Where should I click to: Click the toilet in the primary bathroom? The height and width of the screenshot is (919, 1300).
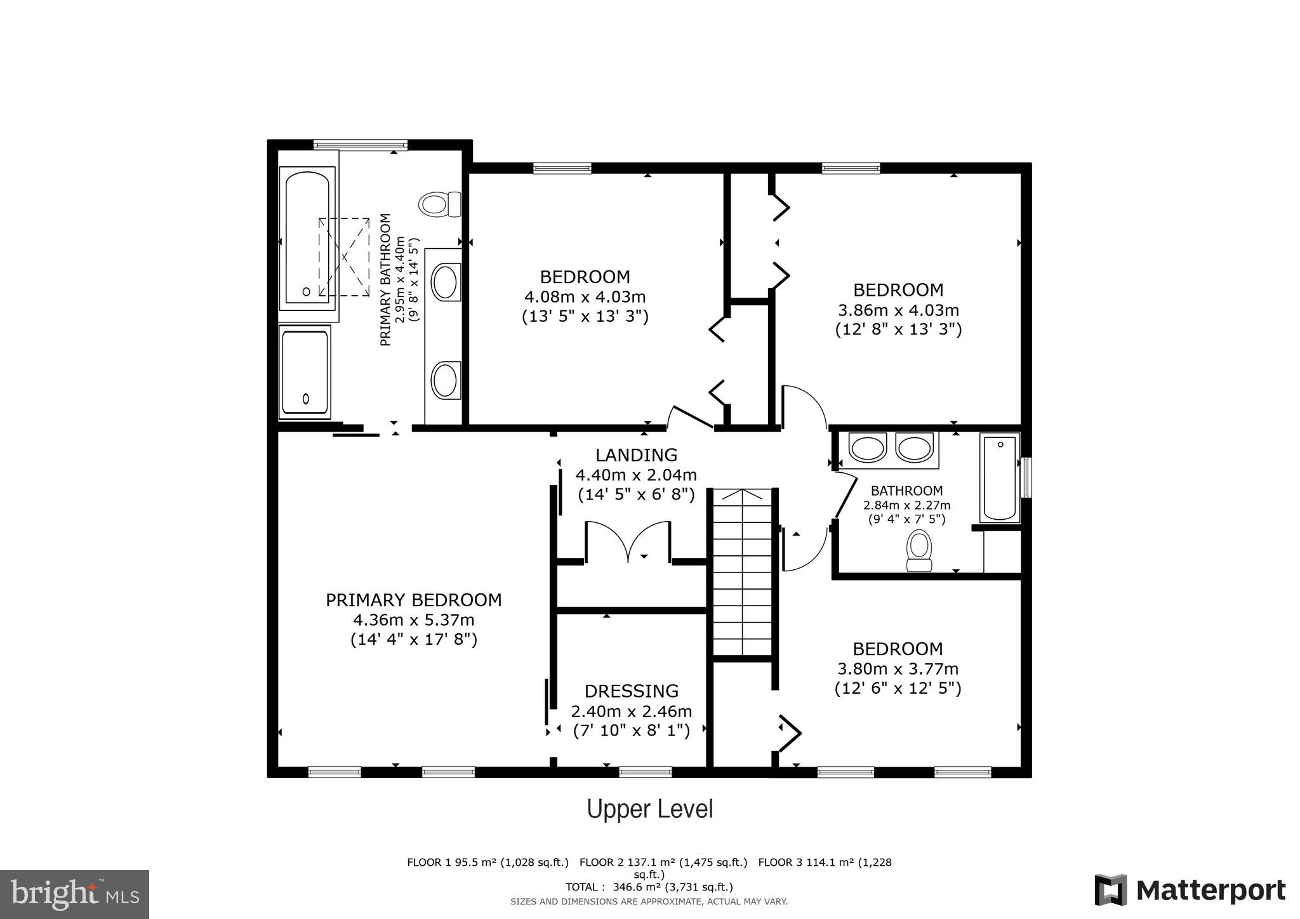pos(439,204)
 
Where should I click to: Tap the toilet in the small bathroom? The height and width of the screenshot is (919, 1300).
pos(919,551)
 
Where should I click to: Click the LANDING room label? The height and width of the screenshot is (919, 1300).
pos(636,455)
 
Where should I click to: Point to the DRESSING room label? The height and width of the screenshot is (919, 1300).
pos(631,691)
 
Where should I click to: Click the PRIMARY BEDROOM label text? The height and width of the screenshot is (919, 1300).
pos(413,600)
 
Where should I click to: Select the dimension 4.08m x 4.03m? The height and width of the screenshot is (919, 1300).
pos(585,296)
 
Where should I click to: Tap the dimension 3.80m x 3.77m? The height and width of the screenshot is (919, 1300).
pos(898,668)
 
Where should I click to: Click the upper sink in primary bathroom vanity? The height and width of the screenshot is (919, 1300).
pos(445,283)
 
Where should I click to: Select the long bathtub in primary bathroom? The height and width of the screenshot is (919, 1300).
pos(307,238)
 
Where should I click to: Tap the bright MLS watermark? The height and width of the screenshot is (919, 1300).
pos(74,894)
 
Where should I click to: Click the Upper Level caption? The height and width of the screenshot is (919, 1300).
pos(649,809)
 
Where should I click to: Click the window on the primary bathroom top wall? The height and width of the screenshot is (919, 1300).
pos(361,145)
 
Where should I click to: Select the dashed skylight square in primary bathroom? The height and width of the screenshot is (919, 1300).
pos(343,257)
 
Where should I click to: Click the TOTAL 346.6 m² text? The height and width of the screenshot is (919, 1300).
pos(649,887)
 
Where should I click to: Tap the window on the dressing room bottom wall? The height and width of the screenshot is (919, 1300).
pos(645,772)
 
